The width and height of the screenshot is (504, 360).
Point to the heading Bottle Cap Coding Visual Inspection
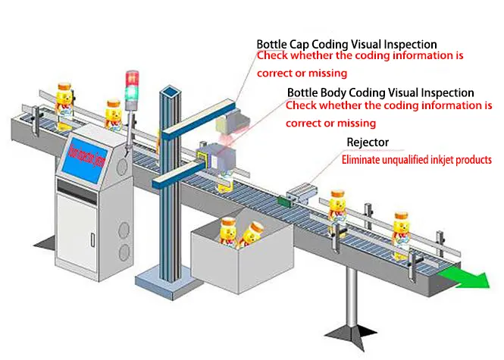coord(346,45)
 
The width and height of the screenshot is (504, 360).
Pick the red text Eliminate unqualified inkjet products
coord(416,160)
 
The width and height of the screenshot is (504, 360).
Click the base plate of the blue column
coord(166,280)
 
